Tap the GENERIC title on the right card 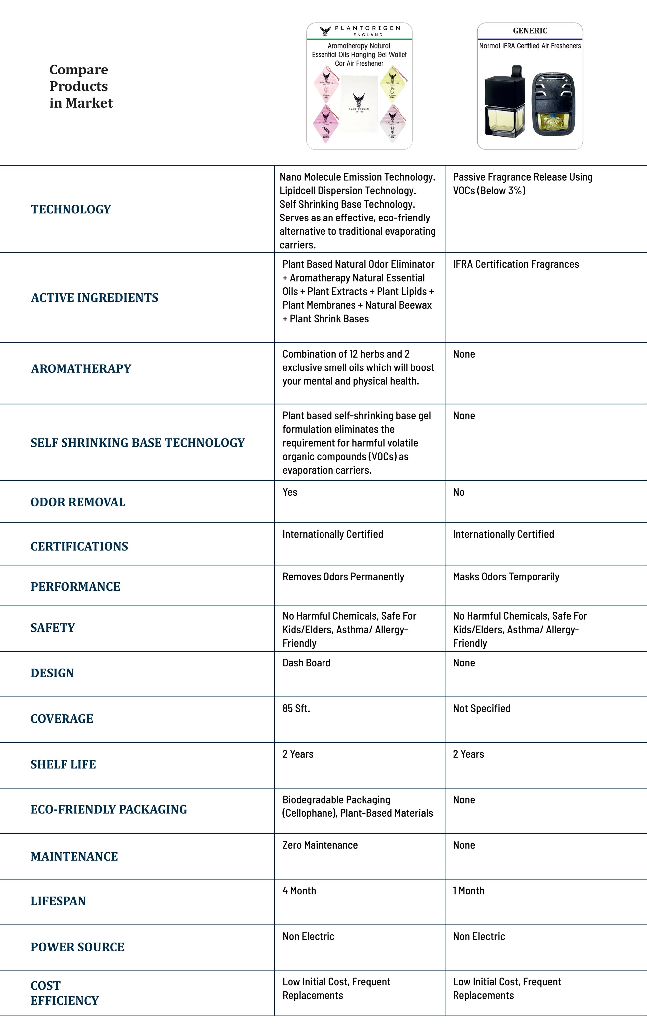coord(530,31)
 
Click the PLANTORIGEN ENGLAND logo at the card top coord(359,31)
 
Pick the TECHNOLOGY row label coord(70,209)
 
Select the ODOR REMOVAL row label coord(78,502)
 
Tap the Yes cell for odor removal coord(290,492)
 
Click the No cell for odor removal coord(459,492)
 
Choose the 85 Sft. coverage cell coord(296,708)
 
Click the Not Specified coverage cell coord(482,708)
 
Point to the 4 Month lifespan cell coord(299,891)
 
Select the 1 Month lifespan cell coord(468,891)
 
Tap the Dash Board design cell coord(306,663)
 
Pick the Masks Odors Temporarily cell coord(506,577)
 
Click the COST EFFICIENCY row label coord(64,993)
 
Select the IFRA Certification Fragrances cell coord(516,264)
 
